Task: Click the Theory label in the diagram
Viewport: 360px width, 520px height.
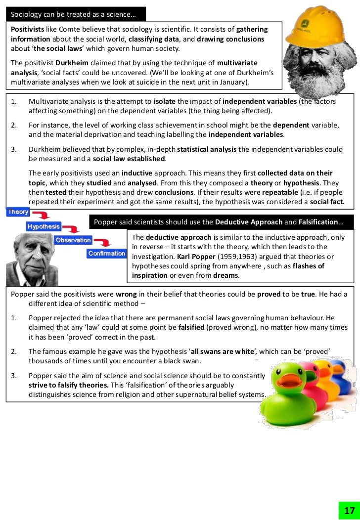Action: (x=18, y=212)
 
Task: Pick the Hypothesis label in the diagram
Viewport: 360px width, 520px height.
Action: (x=44, y=226)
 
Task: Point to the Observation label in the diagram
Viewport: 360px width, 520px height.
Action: (x=73, y=240)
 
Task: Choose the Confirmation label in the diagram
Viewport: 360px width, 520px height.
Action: (x=107, y=254)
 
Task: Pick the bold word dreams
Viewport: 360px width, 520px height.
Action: (x=225, y=275)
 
